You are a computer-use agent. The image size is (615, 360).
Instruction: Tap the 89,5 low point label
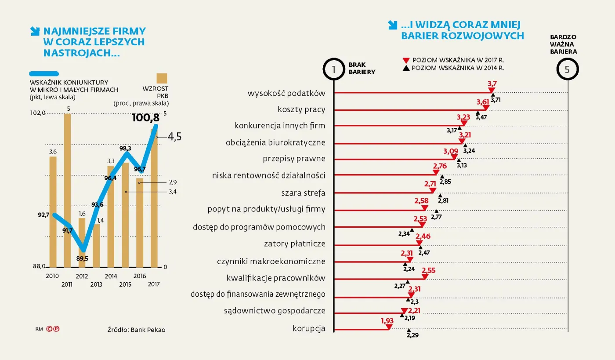[82, 258]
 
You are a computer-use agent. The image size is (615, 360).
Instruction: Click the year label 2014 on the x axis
[111, 276]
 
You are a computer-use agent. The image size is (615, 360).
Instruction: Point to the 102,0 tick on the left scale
[37, 113]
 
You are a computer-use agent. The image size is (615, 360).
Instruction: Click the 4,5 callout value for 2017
[174, 137]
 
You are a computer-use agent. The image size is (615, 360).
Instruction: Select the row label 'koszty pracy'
[301, 109]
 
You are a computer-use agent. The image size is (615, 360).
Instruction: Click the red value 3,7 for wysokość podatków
[492, 83]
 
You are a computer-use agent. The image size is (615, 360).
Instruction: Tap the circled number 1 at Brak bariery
[334, 69]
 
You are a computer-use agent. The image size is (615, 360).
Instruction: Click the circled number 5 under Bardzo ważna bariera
[568, 69]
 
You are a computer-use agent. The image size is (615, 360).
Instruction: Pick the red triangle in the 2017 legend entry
[406, 60]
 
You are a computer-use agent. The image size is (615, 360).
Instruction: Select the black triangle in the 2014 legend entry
[406, 68]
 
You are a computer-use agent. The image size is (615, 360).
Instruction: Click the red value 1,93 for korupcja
[387, 320]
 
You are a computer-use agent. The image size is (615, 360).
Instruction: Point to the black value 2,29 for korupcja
[412, 335]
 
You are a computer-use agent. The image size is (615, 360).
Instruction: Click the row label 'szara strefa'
[303, 193]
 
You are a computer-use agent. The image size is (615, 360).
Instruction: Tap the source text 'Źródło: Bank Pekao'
[137, 330]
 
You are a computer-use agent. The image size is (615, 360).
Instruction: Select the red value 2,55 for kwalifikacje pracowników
[428, 270]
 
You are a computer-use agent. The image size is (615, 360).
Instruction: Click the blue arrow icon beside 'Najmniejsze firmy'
[34, 31]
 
